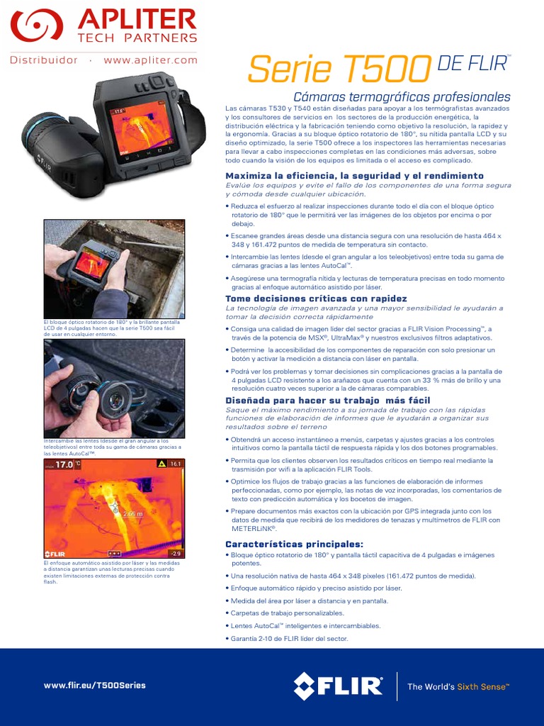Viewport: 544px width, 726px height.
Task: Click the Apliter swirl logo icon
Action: tap(31, 26)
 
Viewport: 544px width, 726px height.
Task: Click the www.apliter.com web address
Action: tap(150, 60)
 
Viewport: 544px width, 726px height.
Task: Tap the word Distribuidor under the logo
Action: tap(43, 60)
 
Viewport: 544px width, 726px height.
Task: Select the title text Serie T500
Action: tap(339, 69)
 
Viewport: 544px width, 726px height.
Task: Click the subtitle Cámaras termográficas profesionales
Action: tap(402, 96)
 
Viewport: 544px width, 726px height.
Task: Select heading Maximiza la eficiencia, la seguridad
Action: tap(354, 175)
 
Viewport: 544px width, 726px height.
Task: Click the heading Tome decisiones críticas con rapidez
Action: tap(316, 298)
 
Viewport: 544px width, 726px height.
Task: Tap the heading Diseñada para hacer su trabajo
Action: tap(327, 401)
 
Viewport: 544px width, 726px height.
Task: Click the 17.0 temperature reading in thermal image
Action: tap(64, 465)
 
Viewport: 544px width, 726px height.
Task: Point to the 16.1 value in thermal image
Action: tap(175, 464)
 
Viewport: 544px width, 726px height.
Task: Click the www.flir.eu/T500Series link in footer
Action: tap(94, 685)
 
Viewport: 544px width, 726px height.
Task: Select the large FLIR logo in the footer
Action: tap(338, 686)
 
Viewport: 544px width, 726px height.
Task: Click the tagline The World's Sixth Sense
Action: tap(458, 686)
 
